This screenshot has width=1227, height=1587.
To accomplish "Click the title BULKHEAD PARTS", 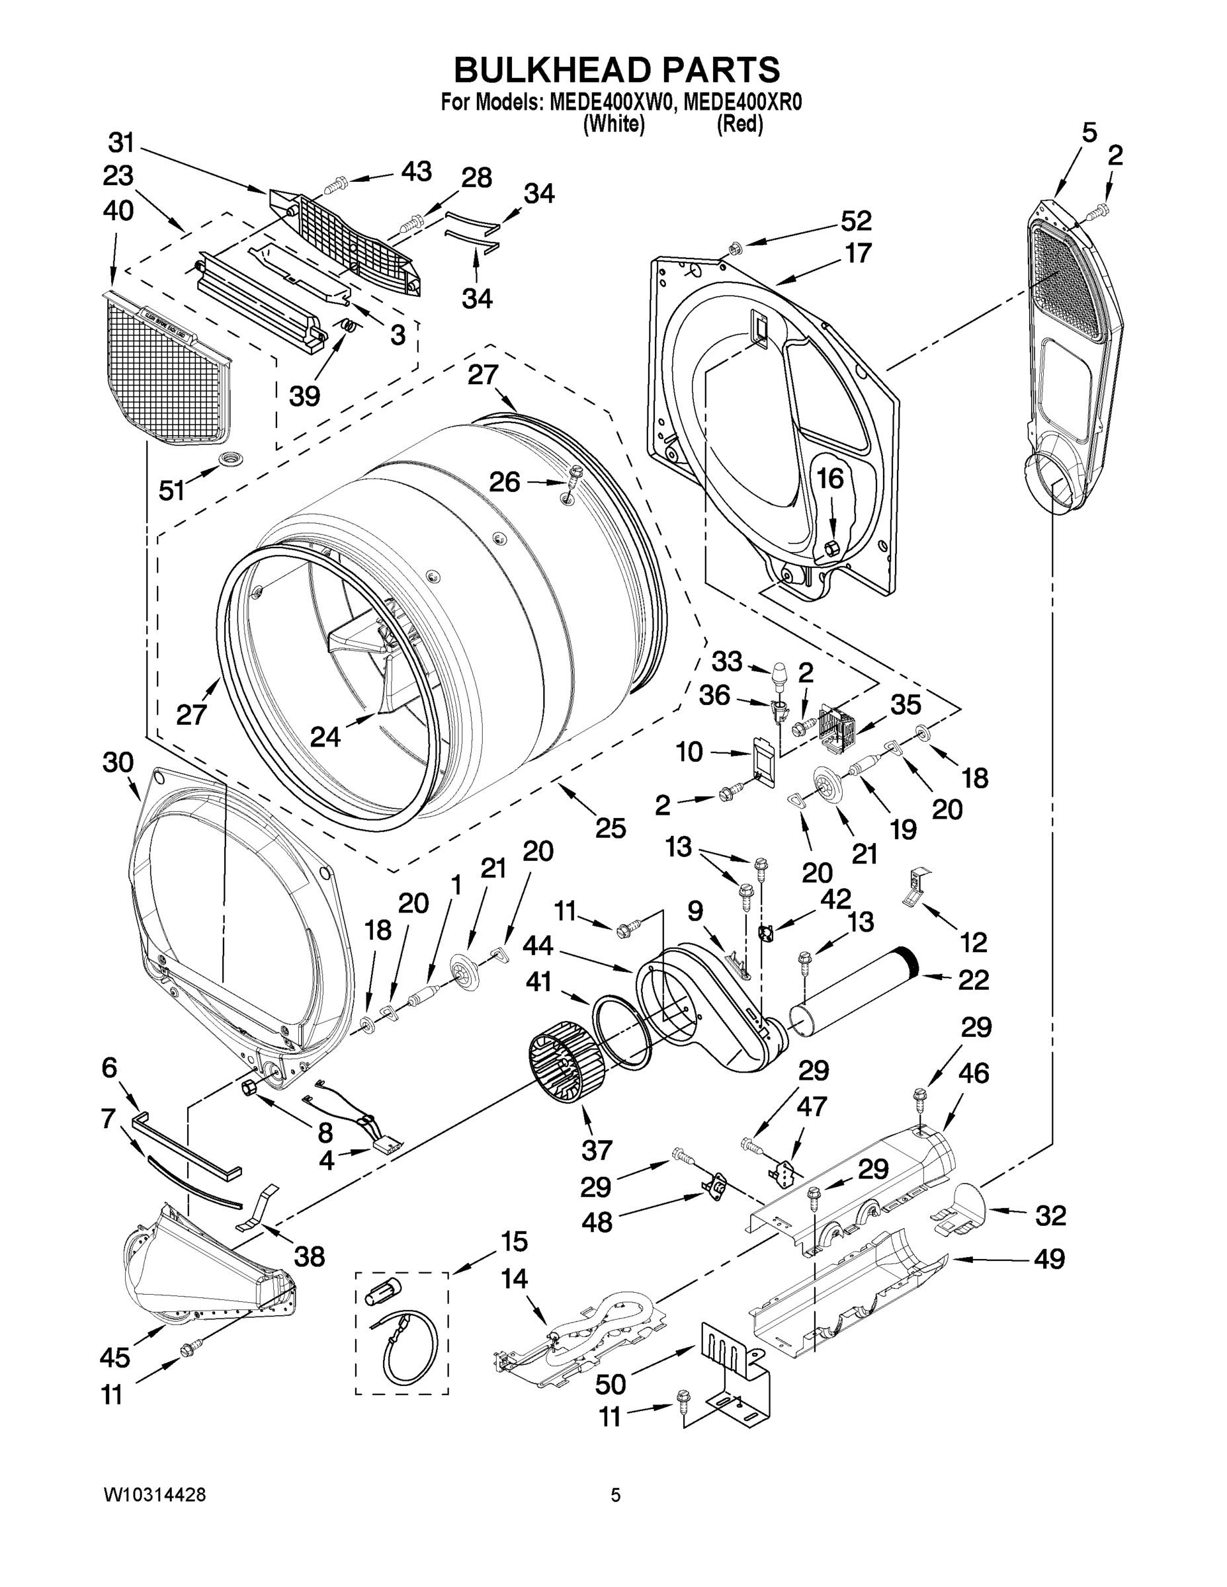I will (x=616, y=71).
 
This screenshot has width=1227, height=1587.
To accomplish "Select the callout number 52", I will (x=855, y=220).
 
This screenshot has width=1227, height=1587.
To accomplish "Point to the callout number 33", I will (x=726, y=661).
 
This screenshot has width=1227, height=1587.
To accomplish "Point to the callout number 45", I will (x=115, y=1357).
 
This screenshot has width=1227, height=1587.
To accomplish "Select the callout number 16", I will (x=830, y=479).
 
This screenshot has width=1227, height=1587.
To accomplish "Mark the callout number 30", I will (x=118, y=763).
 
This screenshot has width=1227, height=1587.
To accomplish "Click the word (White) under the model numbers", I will (x=614, y=125).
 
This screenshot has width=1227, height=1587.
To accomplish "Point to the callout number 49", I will (x=1049, y=1258).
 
